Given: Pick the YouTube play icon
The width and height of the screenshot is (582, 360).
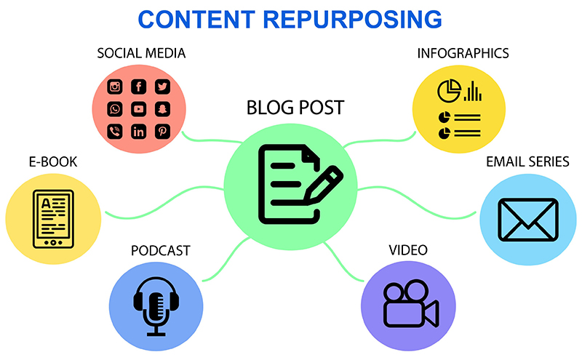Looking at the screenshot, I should (138, 110).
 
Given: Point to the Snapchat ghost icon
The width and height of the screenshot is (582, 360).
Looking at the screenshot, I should (162, 110).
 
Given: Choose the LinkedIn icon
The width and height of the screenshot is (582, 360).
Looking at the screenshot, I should (138, 132).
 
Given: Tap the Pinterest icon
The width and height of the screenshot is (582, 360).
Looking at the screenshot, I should (162, 132).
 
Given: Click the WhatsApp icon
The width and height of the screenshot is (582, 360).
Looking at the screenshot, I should (115, 110).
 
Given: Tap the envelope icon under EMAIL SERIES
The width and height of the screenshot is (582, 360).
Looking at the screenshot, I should (527, 219).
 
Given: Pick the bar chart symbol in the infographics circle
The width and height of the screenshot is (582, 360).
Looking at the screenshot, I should (473, 92).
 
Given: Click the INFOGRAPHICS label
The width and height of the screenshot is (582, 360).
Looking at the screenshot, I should (463, 54).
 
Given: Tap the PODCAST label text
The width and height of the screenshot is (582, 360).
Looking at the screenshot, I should (160, 251).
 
